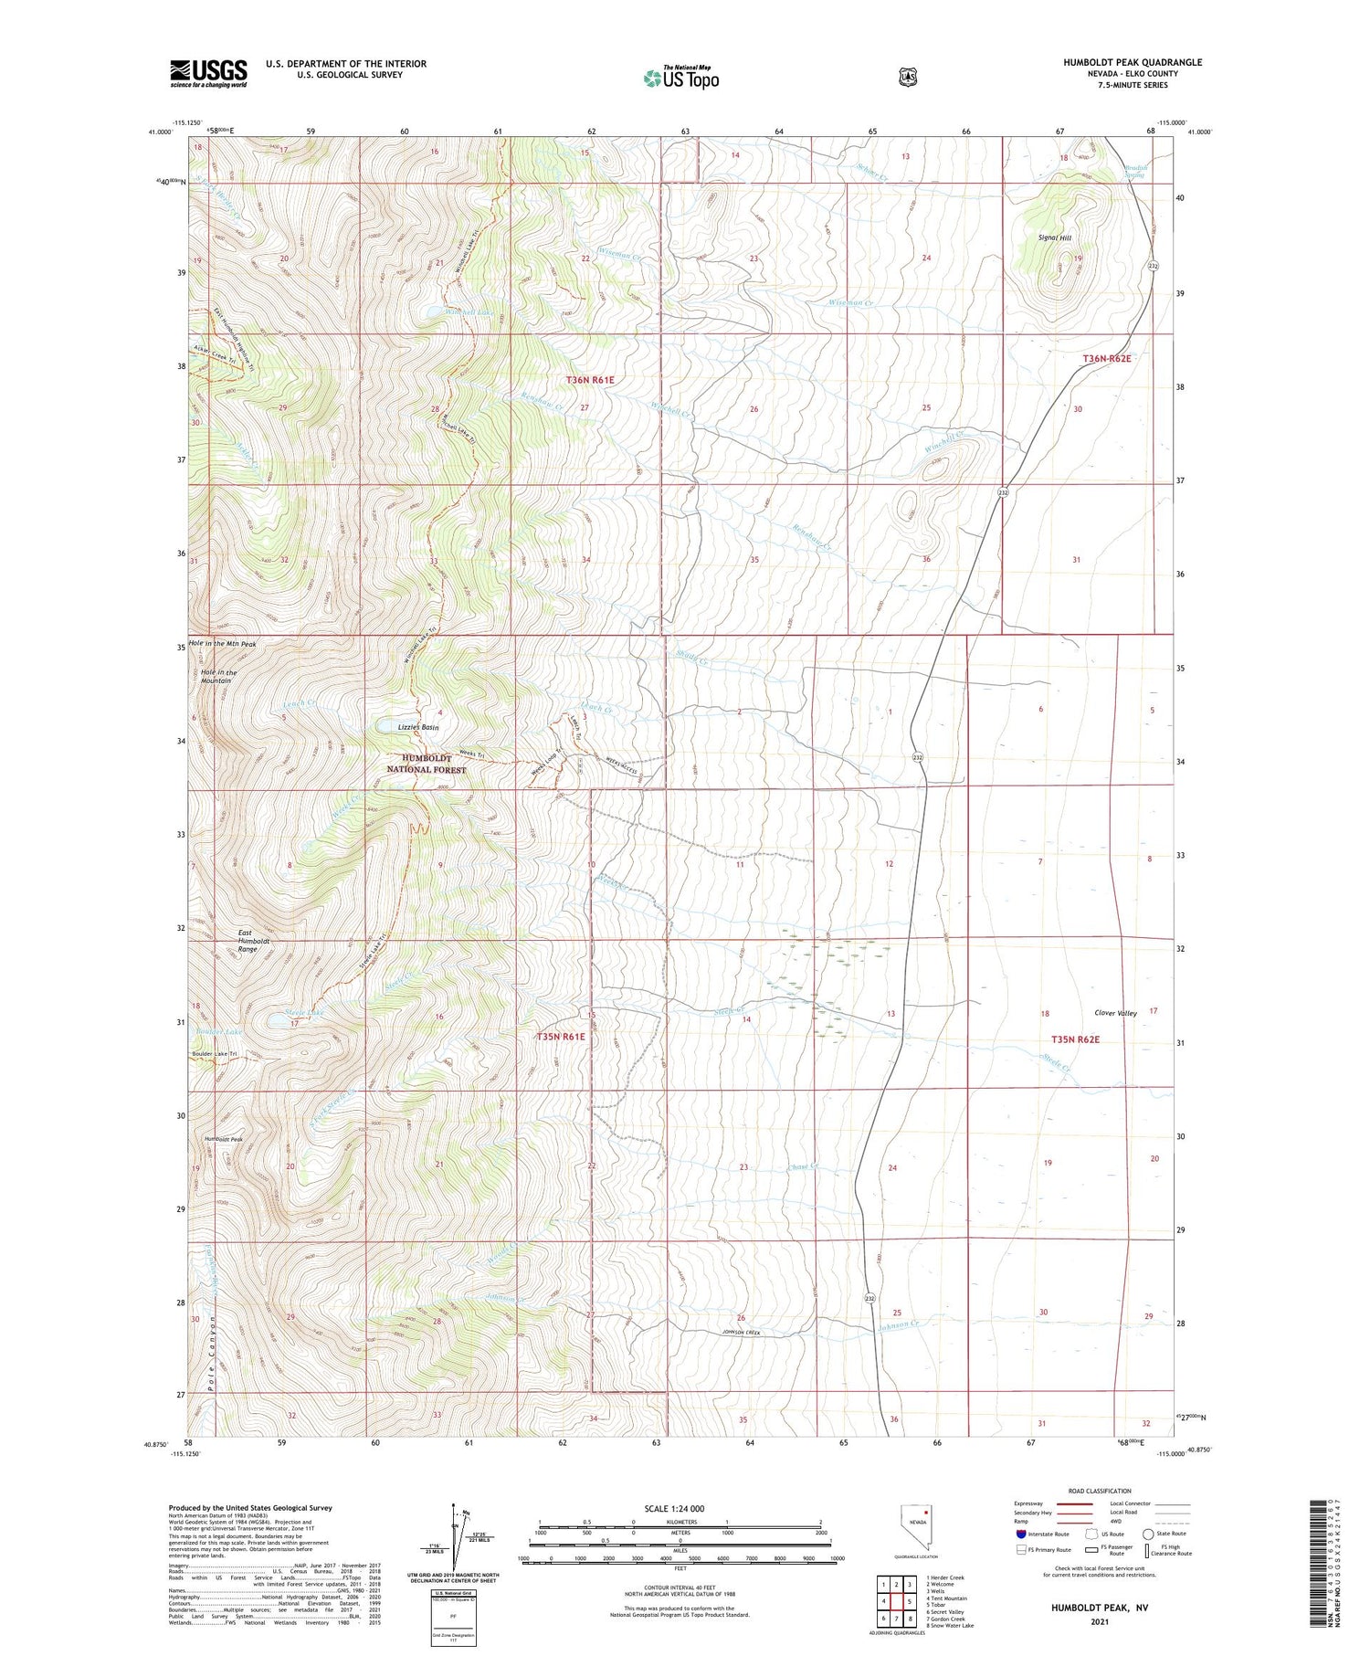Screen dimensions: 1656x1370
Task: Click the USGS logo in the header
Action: tap(208, 73)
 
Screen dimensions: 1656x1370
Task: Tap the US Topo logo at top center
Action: tap(680, 79)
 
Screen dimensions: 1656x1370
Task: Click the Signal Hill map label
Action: tap(1054, 237)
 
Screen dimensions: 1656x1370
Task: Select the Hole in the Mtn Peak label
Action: tap(222, 644)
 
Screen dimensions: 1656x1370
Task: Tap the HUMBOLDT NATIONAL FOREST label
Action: tap(426, 764)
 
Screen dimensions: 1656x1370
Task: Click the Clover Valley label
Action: tap(1115, 1013)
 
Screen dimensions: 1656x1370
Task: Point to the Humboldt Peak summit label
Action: tap(224, 1140)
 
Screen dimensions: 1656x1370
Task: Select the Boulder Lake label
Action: tap(218, 1032)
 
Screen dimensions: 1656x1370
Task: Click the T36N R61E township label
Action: tap(590, 379)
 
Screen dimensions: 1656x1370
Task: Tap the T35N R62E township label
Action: tap(1075, 1039)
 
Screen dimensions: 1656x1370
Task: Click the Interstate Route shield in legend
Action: tap(1020, 1534)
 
